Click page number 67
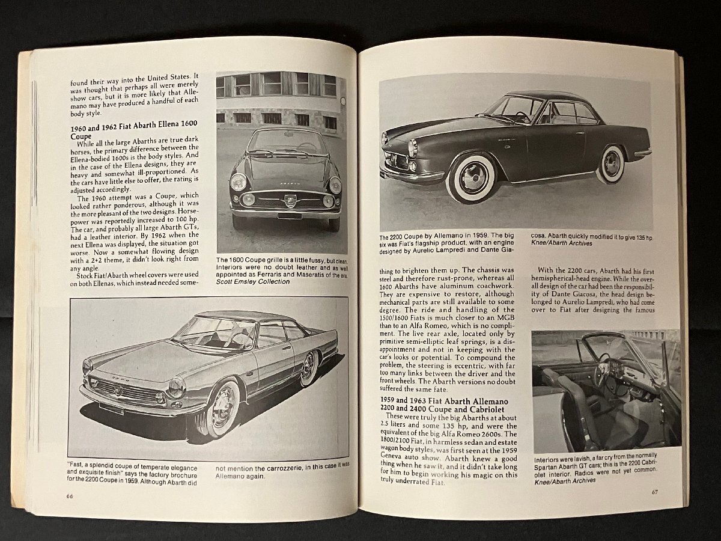pyautogui.click(x=656, y=492)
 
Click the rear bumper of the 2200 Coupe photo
pyautogui.click(x=642, y=153)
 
